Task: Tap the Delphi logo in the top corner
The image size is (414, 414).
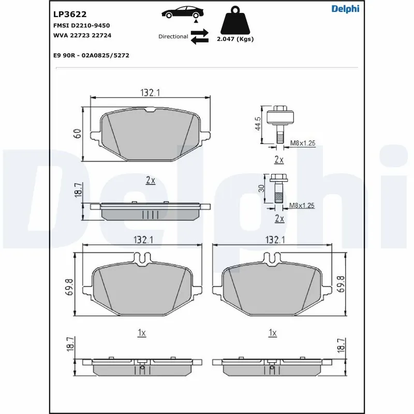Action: click(x=345, y=8)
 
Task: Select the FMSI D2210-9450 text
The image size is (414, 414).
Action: click(x=81, y=25)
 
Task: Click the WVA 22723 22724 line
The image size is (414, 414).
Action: click(x=82, y=35)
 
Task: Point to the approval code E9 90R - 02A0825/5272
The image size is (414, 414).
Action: click(x=91, y=54)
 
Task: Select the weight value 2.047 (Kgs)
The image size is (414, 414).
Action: click(x=235, y=39)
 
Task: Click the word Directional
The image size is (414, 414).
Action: click(x=173, y=37)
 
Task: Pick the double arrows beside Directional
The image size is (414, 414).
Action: click(x=199, y=37)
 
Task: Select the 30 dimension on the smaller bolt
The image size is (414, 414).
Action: click(x=262, y=188)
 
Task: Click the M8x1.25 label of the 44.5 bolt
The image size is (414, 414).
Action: click(x=302, y=143)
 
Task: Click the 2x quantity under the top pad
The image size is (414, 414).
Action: click(x=150, y=180)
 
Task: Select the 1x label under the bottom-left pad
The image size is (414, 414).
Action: click(x=141, y=333)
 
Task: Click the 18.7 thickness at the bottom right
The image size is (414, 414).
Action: click(x=340, y=346)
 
